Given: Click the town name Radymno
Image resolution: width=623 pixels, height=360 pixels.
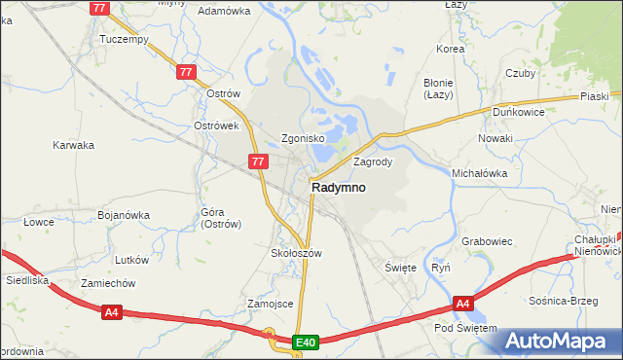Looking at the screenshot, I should click(x=339, y=188).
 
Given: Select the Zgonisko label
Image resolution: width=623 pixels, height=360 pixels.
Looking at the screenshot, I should click(x=303, y=138).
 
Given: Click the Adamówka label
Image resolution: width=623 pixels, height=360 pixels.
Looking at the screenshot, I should click(x=224, y=11).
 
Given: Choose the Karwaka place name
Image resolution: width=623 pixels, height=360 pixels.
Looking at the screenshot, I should click(x=73, y=145).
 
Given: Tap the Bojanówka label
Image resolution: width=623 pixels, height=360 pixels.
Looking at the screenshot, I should click(x=124, y=215).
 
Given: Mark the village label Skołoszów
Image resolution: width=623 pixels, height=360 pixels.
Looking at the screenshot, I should click(x=295, y=253).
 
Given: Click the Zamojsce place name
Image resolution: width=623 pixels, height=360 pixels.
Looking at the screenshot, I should click(x=271, y=304).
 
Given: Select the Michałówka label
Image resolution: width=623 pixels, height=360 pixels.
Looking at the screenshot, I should click(x=480, y=172).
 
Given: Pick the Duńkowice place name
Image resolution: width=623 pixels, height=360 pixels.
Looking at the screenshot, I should click(x=518, y=113).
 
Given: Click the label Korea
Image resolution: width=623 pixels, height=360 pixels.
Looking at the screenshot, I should click(x=451, y=49).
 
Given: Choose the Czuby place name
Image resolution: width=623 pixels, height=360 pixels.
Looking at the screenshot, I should click(x=521, y=73).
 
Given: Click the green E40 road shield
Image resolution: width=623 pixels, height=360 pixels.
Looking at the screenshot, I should click(x=306, y=342).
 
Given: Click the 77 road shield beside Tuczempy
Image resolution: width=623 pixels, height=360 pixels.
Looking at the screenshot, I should click(x=99, y=8).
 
